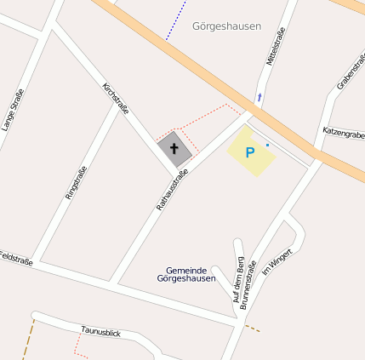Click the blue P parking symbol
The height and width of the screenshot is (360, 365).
249,153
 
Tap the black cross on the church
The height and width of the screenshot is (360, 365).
175,149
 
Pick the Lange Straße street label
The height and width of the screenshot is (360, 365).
12,110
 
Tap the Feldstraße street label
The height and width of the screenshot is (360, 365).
15,258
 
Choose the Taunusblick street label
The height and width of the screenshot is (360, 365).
101,330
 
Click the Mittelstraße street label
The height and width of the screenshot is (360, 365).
275,46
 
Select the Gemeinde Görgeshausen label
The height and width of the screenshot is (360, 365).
186,274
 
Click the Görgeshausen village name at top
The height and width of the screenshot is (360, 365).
227,26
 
